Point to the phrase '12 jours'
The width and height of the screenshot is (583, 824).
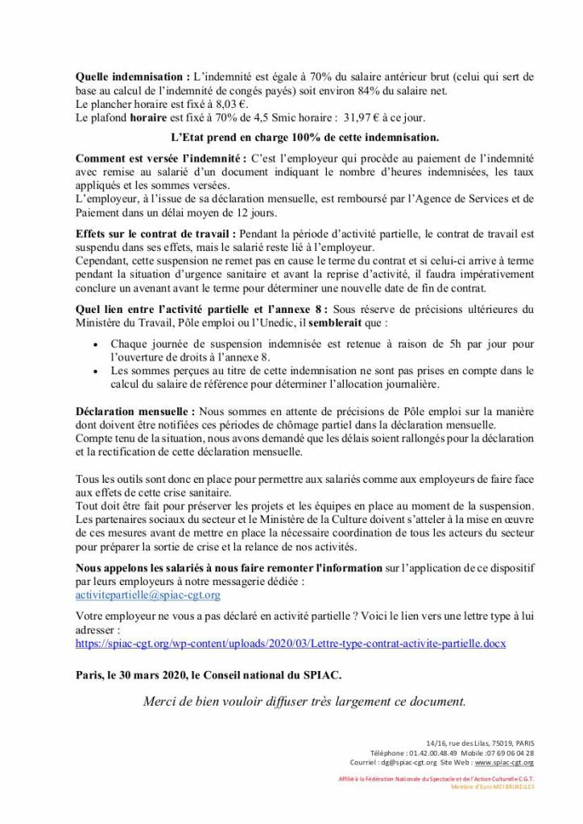258,213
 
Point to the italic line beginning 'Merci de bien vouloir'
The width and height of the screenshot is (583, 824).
304,701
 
